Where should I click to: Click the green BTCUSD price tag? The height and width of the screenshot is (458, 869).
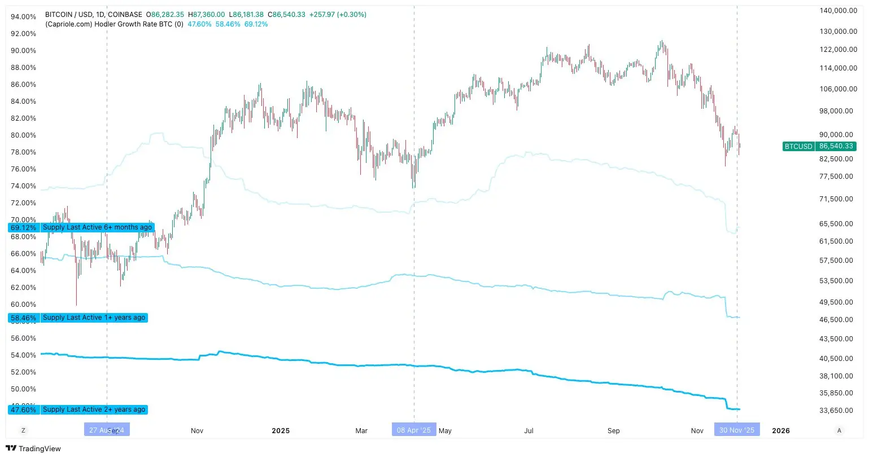tap(819, 146)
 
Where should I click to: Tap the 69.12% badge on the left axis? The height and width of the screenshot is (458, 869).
tap(24, 228)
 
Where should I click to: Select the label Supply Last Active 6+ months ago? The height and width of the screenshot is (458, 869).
tap(97, 227)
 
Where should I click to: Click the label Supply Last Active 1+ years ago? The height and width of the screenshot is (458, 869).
tap(94, 318)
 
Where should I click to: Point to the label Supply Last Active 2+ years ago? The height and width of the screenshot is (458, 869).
tap(94, 409)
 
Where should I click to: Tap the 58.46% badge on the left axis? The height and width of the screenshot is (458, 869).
tap(24, 318)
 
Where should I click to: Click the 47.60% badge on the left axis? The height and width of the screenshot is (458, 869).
tap(24, 410)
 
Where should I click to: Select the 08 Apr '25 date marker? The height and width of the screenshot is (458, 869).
tap(414, 430)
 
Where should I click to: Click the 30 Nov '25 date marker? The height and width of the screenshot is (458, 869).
tap(737, 430)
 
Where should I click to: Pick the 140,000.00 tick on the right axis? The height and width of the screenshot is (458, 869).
tap(838, 11)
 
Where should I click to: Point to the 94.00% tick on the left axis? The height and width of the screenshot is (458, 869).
tap(24, 17)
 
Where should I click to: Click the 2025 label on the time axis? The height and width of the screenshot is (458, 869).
tap(281, 431)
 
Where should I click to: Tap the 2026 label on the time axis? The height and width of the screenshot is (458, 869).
tap(781, 431)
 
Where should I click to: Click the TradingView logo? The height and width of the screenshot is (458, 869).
tap(34, 448)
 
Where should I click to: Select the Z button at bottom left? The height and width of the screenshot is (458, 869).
tap(23, 430)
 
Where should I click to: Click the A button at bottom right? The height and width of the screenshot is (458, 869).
tap(839, 430)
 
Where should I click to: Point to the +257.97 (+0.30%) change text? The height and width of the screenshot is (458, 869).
tap(338, 15)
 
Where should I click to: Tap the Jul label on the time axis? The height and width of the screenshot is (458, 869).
tap(529, 431)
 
